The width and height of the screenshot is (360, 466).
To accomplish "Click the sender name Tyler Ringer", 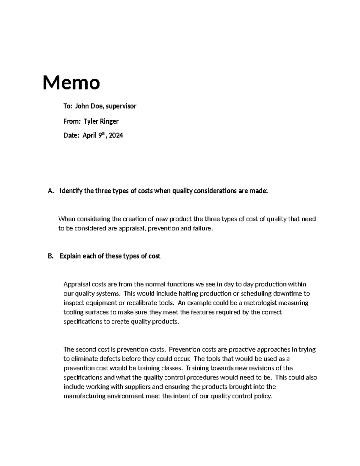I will tap(101, 121).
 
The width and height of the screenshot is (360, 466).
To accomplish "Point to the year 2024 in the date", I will tap(116, 136).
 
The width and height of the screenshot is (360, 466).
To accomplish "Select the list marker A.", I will tap(50, 191).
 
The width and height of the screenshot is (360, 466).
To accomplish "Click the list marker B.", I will tap(50, 256).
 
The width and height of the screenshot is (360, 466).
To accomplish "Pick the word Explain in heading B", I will tap(70, 256).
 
